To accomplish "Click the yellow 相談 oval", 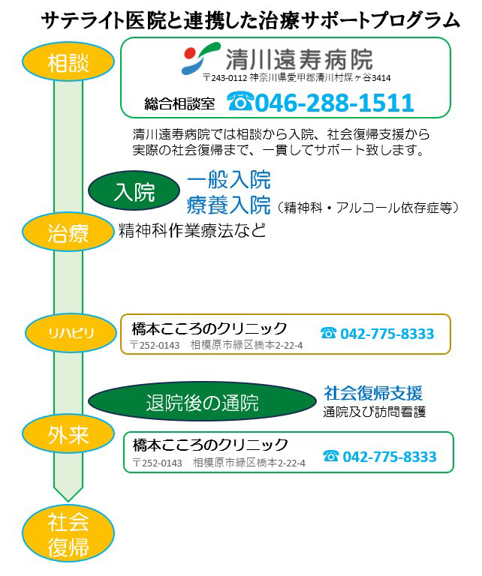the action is (x=68, y=61).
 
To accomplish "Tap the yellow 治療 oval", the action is (x=68, y=232).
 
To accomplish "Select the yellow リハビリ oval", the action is (x=71, y=333).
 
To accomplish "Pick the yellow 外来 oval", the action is (x=68, y=433).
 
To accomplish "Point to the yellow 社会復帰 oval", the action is (x=68, y=533).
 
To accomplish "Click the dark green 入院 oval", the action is (x=134, y=190).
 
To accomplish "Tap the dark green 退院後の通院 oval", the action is (x=202, y=401).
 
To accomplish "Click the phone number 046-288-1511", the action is (x=334, y=102).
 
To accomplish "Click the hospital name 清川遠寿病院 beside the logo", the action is (x=300, y=58).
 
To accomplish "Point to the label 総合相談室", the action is (x=179, y=103).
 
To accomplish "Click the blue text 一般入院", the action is (x=229, y=180).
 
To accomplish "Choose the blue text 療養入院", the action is (x=229, y=205).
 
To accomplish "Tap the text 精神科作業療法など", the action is (x=192, y=230).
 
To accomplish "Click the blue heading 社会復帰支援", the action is (x=373, y=393).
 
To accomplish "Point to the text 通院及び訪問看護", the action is (x=375, y=412).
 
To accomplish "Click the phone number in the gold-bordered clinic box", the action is (x=387, y=334).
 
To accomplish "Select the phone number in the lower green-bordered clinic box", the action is (x=390, y=457).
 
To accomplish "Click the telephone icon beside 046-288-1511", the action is (x=240, y=101).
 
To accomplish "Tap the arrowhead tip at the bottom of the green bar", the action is (x=68, y=502).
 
